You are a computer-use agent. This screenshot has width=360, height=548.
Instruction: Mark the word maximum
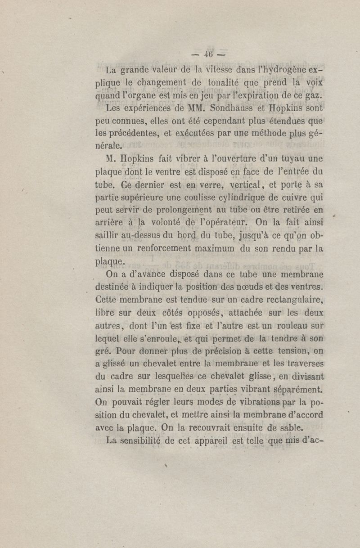pyautogui.click(x=214, y=248)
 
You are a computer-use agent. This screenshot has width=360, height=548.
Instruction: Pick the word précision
pyautogui.click(x=231, y=351)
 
